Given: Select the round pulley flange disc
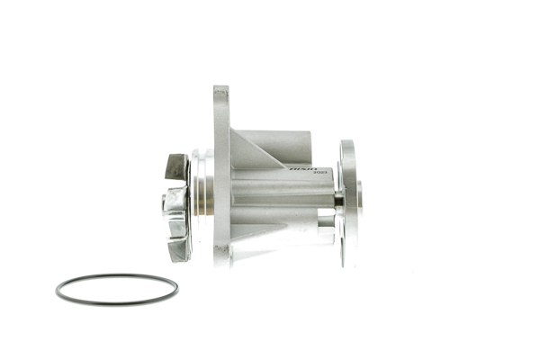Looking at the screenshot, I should tap(347, 202).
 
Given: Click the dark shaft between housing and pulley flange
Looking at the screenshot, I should tap(338, 200).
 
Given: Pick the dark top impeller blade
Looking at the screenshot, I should tap(176, 166).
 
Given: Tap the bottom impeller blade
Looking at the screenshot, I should tap(177, 248).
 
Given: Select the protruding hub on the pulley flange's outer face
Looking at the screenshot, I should tap(359, 198).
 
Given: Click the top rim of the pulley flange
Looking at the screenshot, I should tap(346, 144).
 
